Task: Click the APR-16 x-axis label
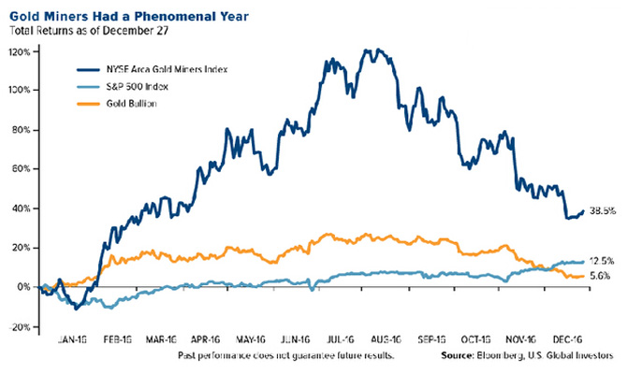pos(216,342)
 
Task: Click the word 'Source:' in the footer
pos(467,359)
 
